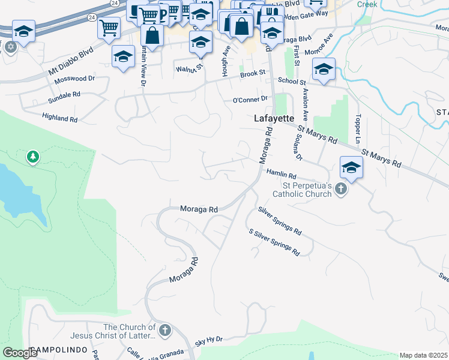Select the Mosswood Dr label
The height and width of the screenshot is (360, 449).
click(75, 79)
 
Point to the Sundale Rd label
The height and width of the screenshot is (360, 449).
click(64, 95)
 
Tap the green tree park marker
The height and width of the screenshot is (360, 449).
click(33, 157)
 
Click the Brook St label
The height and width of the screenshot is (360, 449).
click(253, 73)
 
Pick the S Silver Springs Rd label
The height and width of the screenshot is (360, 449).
click(274, 242)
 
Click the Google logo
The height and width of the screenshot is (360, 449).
click(20, 353)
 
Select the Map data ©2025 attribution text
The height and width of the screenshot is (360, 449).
click(424, 355)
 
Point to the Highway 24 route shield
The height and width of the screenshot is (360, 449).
click(115, 3)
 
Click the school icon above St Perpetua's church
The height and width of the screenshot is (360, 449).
click(351, 167)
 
